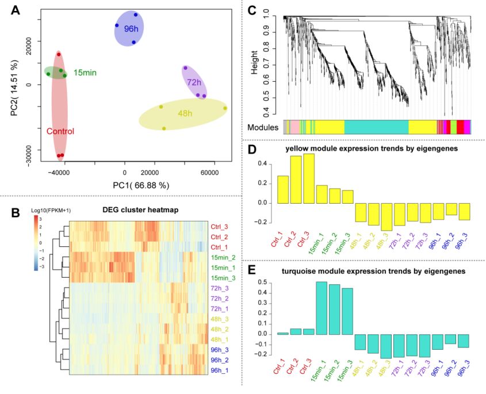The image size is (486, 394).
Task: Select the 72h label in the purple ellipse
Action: click(x=194, y=83)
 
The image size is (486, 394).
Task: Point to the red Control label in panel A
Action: click(x=60, y=131)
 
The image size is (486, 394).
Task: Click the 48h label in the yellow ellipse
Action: click(x=185, y=114)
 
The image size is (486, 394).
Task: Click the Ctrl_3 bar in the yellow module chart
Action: click(x=309, y=178)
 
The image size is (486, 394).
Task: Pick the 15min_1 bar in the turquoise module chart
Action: click(x=322, y=308)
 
